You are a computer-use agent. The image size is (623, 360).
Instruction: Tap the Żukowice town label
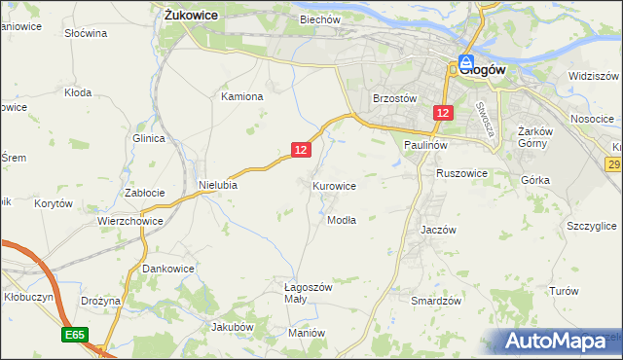190,16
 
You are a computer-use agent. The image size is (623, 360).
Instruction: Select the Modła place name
341,220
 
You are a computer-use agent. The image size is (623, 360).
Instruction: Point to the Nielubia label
218,184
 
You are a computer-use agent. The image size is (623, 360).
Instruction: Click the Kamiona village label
242,96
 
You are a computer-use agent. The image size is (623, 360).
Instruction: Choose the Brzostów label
395,98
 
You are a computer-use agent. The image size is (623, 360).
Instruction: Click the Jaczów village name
438,230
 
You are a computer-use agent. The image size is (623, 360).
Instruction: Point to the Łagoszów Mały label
309,294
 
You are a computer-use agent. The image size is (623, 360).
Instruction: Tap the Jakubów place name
233,327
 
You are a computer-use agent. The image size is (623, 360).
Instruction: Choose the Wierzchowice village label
129,221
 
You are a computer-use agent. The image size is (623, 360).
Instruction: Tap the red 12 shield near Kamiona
300,149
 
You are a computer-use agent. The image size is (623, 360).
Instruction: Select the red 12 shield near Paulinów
443,114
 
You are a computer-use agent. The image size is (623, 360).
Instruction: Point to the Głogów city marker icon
466,61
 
